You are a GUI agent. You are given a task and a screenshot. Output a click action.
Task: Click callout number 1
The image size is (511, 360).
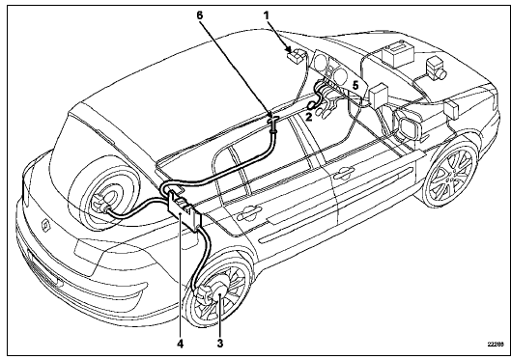pos(267,15)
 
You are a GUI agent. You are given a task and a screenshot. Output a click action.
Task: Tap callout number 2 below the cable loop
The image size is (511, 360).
pos(308,116)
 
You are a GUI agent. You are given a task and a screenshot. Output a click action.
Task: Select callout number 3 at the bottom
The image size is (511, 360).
pos(220,343)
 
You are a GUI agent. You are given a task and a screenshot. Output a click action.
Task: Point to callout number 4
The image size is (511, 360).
pos(181,343)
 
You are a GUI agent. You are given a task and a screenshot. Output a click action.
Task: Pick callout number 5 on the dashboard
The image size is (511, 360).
pos(355,86)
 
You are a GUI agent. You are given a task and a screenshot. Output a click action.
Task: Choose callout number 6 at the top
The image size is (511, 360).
pos(200,15)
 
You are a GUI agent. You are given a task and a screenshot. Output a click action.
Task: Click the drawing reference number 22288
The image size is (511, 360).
pos(494,344)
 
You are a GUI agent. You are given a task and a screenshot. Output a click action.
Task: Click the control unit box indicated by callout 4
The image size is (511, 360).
pos(185,210)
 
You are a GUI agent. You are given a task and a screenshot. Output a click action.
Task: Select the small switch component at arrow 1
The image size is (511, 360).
pos(297,56)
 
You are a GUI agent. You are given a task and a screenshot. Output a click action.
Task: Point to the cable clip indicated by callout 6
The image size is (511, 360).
pos(272,125)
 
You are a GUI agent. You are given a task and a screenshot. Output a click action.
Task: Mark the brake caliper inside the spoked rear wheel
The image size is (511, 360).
pos(204,294)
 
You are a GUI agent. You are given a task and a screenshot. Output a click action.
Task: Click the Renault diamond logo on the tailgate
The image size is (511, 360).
pos(45,225)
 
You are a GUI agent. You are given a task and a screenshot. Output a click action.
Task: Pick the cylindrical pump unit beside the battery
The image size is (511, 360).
pos(436,68)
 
